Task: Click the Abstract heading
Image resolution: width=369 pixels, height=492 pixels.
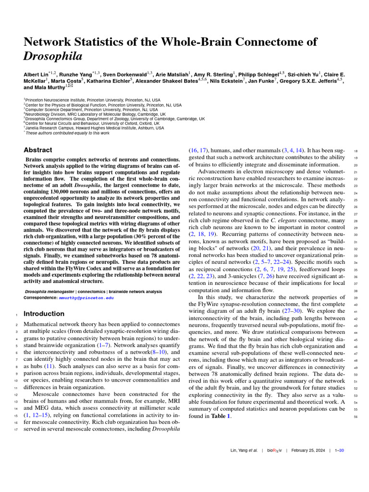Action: (38, 150)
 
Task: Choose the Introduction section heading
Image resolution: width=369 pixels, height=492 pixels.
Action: (44, 313)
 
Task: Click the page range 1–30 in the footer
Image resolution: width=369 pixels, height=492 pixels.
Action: (339, 450)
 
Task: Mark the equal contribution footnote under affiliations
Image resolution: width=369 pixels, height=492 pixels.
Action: (67, 133)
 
